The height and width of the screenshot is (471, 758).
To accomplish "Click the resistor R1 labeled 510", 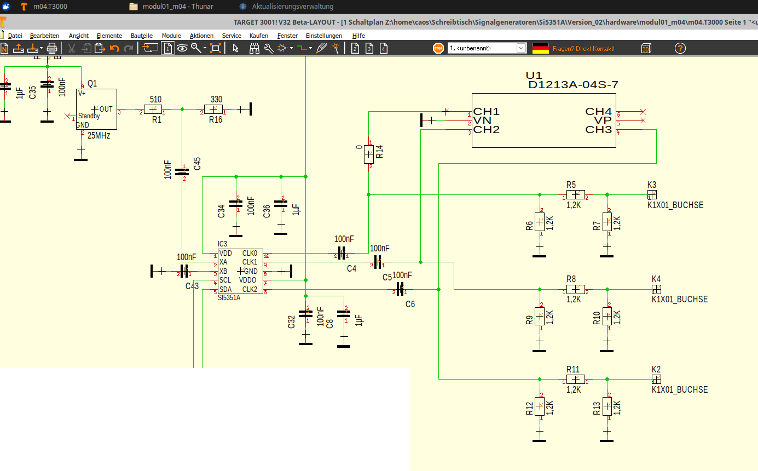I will [153, 110].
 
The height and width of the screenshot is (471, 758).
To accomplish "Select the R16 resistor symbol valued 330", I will [213, 110].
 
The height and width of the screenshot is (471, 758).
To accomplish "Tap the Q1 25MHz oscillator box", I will [96, 109].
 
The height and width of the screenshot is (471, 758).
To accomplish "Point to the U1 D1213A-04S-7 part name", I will [573, 85].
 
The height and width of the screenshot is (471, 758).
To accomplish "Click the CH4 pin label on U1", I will [598, 112].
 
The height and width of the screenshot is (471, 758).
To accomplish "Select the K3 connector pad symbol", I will [652, 194].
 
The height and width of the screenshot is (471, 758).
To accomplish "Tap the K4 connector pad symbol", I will [656, 289].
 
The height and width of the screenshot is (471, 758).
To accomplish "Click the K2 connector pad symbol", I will [656, 379].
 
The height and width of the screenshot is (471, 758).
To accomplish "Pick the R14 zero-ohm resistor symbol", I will [369, 154].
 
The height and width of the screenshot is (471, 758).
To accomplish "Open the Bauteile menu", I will [141, 36].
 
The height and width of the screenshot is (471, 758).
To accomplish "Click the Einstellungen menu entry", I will [323, 36].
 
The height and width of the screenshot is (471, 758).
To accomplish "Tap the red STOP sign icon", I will [438, 48].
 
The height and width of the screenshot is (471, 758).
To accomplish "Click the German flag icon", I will [540, 48].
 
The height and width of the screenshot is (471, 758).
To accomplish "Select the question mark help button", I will [680, 48].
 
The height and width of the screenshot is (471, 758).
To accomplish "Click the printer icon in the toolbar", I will [52, 48].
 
